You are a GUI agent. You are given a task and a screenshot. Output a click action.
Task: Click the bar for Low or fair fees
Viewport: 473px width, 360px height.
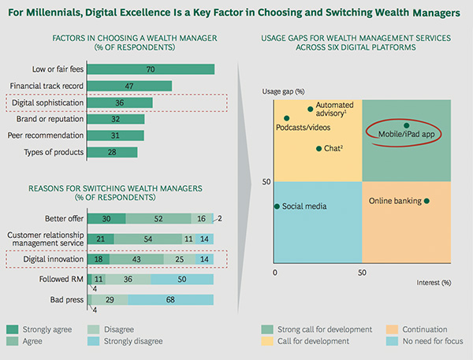[x=150, y=69]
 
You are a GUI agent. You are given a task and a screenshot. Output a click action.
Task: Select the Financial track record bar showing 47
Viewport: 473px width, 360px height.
[x=128, y=86]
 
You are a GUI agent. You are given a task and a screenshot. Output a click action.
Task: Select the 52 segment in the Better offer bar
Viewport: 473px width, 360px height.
[x=158, y=217]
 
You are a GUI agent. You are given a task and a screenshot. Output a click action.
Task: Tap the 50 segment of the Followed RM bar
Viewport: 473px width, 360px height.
[x=182, y=279]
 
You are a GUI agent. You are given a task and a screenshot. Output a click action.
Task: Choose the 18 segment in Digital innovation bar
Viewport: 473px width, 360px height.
[x=97, y=258]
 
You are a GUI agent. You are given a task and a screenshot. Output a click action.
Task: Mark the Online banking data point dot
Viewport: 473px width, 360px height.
[x=426, y=201]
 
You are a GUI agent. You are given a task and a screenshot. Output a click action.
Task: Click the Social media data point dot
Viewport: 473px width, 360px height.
[x=277, y=206]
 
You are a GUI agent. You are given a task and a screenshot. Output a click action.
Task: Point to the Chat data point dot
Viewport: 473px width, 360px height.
[x=318, y=148]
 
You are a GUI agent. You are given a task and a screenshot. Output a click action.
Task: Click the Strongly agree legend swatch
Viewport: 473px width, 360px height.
[x=13, y=329]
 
